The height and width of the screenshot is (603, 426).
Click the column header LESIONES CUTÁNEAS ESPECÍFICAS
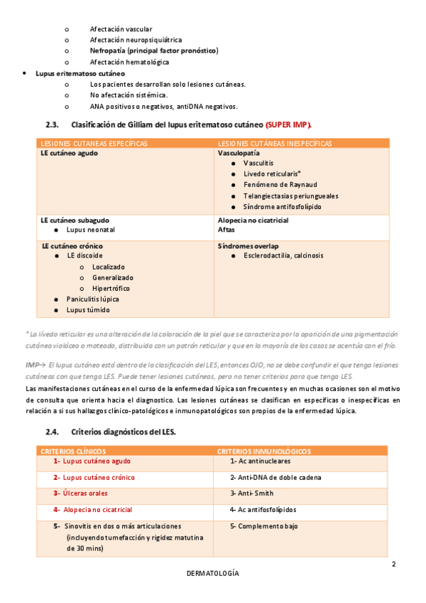click(94, 143)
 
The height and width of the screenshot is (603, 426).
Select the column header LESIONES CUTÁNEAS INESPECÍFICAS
click(275, 143)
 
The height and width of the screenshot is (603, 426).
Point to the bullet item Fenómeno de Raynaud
click(280, 185)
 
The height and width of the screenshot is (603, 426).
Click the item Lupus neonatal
click(90, 230)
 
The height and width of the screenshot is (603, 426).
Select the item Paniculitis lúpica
click(93, 299)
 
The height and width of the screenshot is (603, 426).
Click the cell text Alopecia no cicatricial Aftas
click(253, 225)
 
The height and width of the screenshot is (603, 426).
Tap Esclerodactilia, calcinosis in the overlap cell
click(283, 255)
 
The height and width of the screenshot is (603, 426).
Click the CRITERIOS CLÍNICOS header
click(74, 451)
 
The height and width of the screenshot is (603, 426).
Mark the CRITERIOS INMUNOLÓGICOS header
click(263, 451)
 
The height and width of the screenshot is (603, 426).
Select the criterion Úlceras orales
click(89, 493)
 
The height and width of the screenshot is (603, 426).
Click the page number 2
click(393, 565)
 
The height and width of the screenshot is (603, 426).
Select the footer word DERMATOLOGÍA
click(213, 573)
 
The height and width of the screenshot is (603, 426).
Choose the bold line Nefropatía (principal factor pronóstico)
click(154, 51)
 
